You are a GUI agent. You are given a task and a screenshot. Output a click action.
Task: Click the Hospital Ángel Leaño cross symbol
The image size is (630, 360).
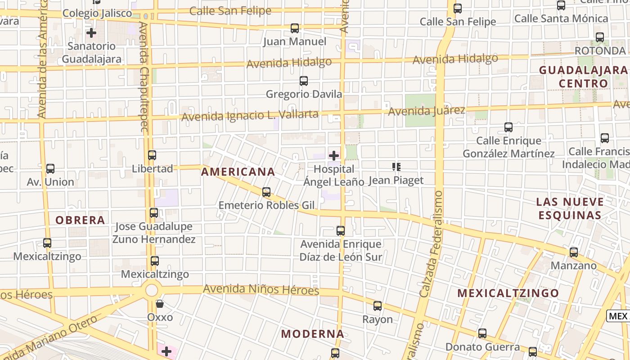click(x=334, y=156)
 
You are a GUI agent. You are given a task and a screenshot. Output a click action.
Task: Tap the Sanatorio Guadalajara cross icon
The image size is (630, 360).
click(x=91, y=33)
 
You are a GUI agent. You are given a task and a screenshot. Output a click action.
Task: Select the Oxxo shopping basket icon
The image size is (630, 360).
click(x=160, y=304)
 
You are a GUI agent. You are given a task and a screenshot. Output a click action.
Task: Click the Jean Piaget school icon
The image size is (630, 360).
click(x=396, y=167)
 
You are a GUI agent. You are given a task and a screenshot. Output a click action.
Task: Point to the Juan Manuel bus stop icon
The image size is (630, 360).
click(x=295, y=28)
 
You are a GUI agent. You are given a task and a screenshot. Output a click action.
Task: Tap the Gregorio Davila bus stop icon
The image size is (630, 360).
click(x=304, y=81)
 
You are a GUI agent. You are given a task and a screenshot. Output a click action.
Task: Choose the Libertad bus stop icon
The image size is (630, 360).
click(x=152, y=155)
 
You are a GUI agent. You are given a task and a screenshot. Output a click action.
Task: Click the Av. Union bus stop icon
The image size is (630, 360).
click(x=50, y=169)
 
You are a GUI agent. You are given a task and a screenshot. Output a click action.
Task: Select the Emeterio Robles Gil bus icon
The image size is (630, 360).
click(x=266, y=192)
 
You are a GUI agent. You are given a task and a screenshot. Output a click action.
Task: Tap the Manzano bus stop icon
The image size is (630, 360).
click(x=574, y=252)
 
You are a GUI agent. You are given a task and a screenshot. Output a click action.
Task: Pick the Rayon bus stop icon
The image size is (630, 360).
click(x=378, y=306)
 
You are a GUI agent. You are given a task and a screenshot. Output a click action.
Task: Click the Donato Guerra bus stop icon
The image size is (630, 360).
click(x=482, y=333)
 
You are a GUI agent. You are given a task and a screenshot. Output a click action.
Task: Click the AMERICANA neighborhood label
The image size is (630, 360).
click(x=238, y=172)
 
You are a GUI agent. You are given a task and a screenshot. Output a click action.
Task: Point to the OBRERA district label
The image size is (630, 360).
click(x=80, y=220)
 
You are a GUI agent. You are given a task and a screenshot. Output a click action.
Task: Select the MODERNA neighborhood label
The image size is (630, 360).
click(x=313, y=334)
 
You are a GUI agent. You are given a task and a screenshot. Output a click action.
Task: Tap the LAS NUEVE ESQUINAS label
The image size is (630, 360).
click(x=570, y=208)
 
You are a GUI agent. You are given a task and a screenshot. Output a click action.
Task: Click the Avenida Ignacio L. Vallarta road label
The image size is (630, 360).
click(x=250, y=115)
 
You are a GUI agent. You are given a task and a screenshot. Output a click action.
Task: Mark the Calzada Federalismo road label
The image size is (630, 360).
click(x=431, y=243)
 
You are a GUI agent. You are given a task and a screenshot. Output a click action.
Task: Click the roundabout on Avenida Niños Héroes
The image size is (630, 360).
click(x=152, y=290)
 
